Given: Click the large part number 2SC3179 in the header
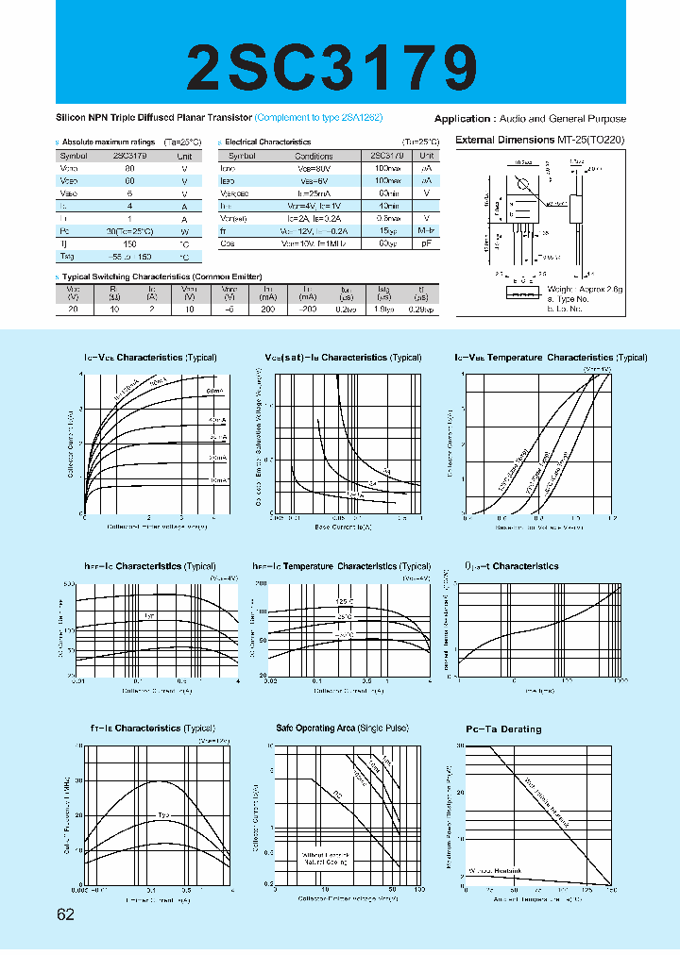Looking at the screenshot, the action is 341,67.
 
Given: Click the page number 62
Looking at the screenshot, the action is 65,914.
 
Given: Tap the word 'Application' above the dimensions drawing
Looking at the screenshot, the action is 462,119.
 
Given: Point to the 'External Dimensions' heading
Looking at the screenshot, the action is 505,140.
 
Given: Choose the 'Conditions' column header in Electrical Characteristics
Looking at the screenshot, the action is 314,156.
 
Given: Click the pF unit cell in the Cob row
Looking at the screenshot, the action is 426,243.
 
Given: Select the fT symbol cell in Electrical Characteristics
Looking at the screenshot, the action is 227,230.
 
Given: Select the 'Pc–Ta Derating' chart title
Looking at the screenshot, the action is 503,729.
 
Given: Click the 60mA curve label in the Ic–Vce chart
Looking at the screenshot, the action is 213,390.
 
